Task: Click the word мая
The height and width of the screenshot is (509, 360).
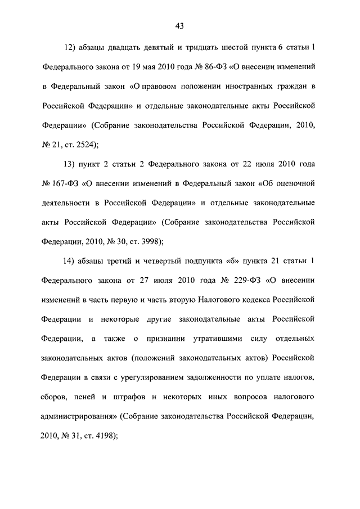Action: point(146,66)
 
